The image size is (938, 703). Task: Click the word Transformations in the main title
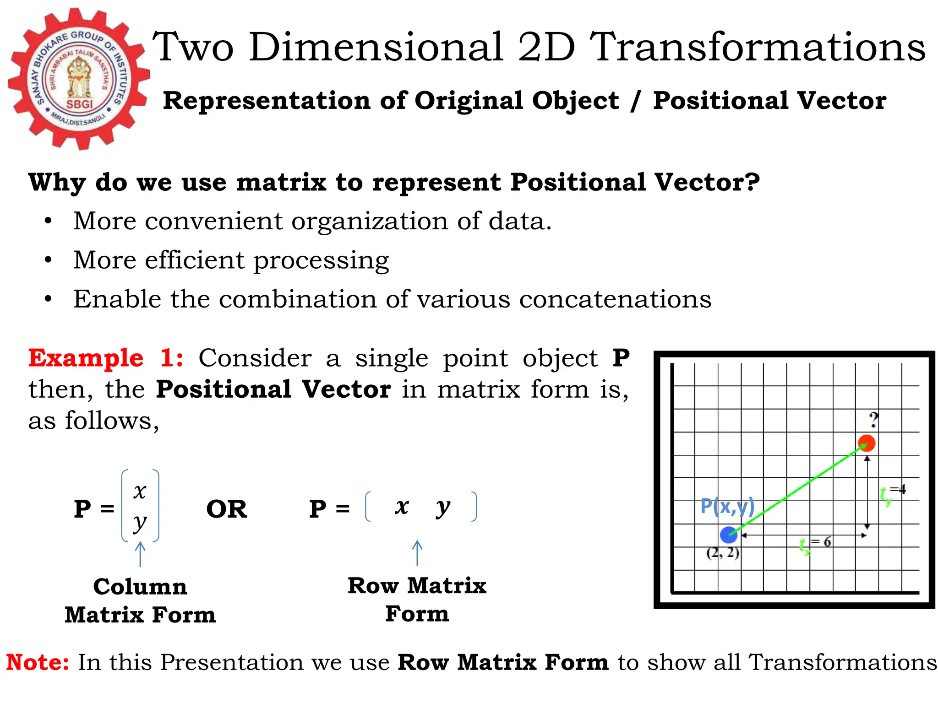758,47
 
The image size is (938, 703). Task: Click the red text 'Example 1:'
106,358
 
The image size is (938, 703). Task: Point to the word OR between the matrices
227,509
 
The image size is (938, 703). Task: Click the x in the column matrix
140,491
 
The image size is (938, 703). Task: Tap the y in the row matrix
443,507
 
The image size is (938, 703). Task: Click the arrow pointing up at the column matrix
140,554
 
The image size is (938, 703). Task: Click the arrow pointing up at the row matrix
417,552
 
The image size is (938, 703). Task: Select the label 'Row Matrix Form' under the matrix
417,600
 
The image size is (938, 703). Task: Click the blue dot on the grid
728,535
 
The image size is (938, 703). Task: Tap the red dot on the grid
867,443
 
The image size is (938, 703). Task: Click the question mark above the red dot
874,420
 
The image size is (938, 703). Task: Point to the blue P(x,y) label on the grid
727,506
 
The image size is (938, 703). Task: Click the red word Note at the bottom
37,662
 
